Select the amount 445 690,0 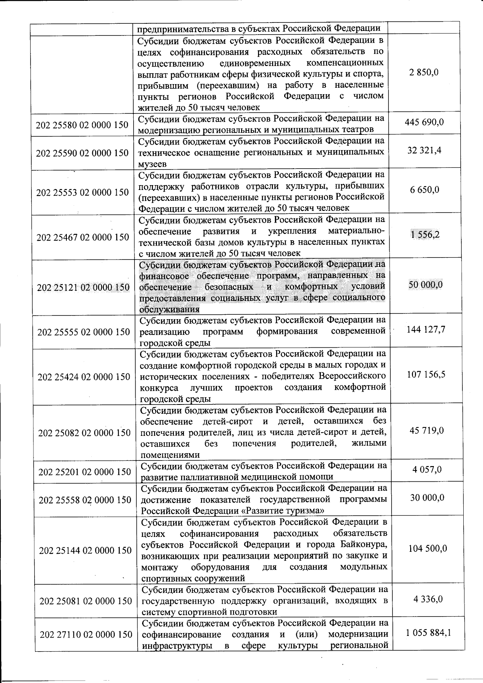click(x=424, y=122)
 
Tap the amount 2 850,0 click(x=424, y=72)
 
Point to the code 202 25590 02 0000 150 click(x=82, y=153)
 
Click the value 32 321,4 click(x=424, y=151)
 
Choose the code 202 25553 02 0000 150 click(x=83, y=192)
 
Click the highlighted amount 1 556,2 click(x=425, y=235)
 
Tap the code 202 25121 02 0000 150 click(x=83, y=287)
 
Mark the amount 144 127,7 click(x=426, y=330)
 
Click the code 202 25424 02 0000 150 click(x=84, y=377)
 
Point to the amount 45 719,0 click(x=427, y=431)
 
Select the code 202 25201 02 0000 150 click(x=85, y=472)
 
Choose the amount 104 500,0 click(x=427, y=549)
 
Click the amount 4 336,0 click(x=428, y=599)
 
